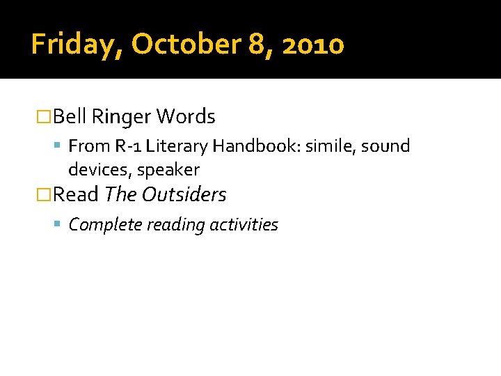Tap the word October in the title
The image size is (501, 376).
click(x=182, y=45)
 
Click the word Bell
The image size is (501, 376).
click(x=70, y=116)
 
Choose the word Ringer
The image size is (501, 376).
click(x=121, y=116)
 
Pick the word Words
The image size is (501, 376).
click(x=186, y=116)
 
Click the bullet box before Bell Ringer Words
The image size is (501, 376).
click(x=44, y=117)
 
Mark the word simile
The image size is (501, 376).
click(x=327, y=146)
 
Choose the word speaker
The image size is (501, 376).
click(x=168, y=171)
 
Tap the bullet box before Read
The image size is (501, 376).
click(x=44, y=195)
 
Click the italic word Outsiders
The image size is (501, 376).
click(x=184, y=195)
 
